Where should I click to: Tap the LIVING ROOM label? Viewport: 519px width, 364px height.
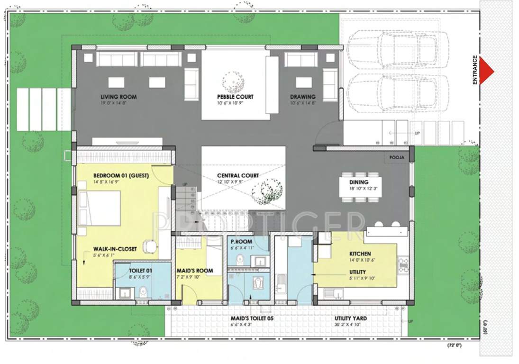pyautogui.click(x=118, y=97)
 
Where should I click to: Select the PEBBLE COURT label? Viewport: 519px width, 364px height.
pyautogui.click(x=235, y=97)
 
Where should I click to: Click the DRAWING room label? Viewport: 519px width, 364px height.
pyautogui.click(x=302, y=97)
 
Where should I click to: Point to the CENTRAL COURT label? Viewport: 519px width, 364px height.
pyautogui.click(x=238, y=175)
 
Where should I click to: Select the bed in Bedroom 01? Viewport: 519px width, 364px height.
pyautogui.click(x=99, y=209)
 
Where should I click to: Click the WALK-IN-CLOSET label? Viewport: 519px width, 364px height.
pyautogui.click(x=115, y=249)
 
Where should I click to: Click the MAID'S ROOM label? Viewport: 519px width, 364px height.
pyautogui.click(x=194, y=271)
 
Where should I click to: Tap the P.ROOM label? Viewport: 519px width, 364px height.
pyautogui.click(x=241, y=241)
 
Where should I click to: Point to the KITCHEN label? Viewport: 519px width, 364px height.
pyautogui.click(x=360, y=254)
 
